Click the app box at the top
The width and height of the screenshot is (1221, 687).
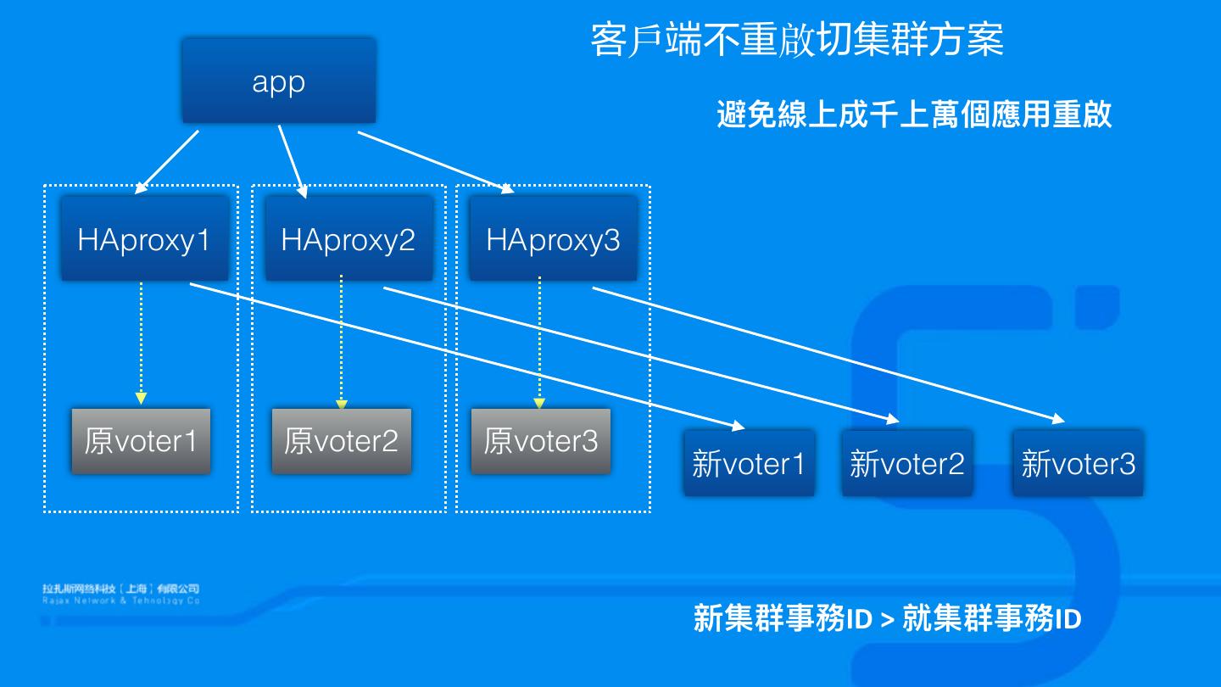coord(278,81)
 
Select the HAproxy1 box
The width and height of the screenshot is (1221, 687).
coord(143,239)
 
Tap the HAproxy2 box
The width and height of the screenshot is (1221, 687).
coord(348,239)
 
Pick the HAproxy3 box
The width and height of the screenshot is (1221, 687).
coord(553,239)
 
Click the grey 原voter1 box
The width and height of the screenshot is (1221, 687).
coord(140,440)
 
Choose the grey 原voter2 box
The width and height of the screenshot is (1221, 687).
coord(341,440)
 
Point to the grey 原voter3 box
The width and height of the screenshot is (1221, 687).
coord(540,440)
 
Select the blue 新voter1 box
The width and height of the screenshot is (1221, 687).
coord(748,463)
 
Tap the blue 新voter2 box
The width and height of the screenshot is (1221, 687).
coord(906,463)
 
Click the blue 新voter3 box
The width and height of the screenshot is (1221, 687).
coord(1078,463)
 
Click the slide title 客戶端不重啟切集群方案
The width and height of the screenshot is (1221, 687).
coord(796,40)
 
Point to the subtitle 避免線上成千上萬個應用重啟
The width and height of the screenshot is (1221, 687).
coord(913,114)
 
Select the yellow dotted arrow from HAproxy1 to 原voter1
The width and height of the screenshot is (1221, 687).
coord(141,339)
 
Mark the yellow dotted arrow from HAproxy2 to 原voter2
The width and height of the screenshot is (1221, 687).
coord(341,339)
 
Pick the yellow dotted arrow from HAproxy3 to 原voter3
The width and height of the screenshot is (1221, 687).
coord(539,339)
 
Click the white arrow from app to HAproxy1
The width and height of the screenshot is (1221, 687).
coord(166,162)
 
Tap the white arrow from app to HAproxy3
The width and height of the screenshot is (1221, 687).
coord(436,163)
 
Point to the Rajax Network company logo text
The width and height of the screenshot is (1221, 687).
coord(121,594)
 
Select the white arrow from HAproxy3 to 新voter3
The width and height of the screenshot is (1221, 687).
coord(827,353)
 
